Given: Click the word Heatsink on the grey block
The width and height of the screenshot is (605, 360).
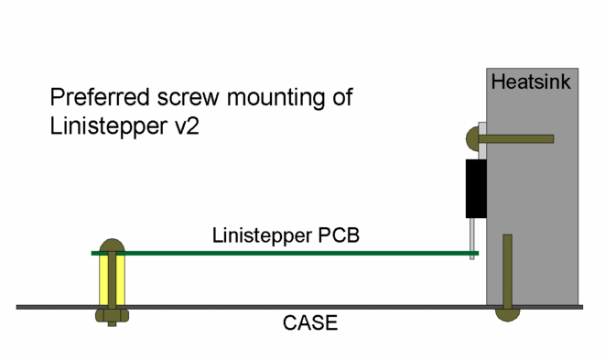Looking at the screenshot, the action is coord(531,82).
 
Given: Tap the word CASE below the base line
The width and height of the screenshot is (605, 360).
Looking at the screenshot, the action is coord(310,323).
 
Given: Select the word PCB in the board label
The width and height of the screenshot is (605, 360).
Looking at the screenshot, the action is coord(338,235).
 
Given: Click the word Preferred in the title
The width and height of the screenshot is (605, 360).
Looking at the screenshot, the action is coord(100,97).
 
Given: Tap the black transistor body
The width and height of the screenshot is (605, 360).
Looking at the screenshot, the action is coord(476,189).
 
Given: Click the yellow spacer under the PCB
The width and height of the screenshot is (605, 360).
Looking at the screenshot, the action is coord(103,280).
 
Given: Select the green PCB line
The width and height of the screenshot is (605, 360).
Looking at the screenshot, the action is coord(285,254).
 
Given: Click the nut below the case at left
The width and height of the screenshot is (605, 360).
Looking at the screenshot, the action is coord(112,316).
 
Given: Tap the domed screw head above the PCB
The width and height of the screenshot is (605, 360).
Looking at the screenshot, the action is coord(112,245).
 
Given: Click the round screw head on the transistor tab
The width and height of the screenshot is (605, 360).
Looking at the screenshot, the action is coord(472,138).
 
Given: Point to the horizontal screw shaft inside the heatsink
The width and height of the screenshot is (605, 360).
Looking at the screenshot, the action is coord(516,138).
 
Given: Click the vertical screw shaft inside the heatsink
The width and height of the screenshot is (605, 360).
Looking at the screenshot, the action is coord(507,271).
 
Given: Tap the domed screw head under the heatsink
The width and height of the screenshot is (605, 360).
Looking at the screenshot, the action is coord(507,315).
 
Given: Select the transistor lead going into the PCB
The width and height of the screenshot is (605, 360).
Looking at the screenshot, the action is coord(472,238).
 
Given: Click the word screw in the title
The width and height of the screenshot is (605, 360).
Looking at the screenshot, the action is coord(188,98).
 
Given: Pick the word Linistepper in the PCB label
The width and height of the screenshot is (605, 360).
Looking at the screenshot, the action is coord(262,236).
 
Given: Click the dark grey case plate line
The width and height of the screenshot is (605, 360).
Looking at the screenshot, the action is coord(299,307).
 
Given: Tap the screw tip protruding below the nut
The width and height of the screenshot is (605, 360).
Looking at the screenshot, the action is coord(112,324).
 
